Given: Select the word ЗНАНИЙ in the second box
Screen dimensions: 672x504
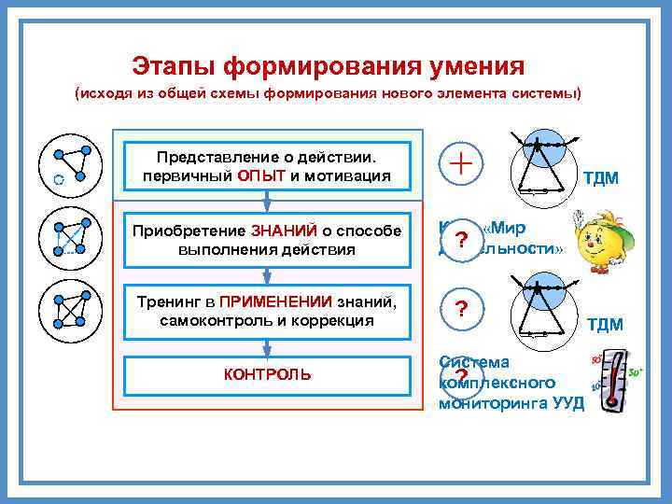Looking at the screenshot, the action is pos(281,231).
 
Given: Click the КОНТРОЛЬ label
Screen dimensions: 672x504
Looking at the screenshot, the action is pos(268,374).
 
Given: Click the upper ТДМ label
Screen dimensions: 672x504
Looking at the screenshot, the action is pos(601,177).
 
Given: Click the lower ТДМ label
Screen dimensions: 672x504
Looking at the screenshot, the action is pos(605,324).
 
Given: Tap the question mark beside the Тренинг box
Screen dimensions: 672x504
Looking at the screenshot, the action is pos(459,310).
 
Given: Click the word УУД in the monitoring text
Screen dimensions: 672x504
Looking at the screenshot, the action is pos(567,403).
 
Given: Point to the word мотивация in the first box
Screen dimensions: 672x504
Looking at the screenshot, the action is pos(349,175).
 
